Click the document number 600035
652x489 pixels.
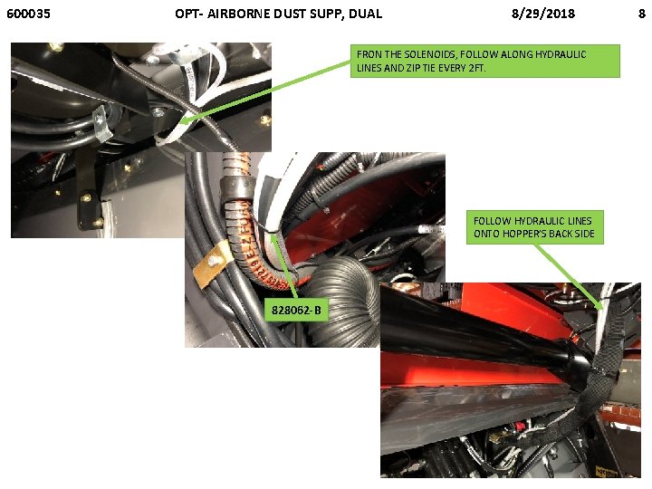pos(28,14)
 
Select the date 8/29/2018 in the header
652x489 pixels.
pos(543,14)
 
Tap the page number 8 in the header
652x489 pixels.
pos(642,14)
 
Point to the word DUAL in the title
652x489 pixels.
pos(366,14)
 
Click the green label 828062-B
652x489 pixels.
pos(296,310)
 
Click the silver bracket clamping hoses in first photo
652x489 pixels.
pos(101,123)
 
